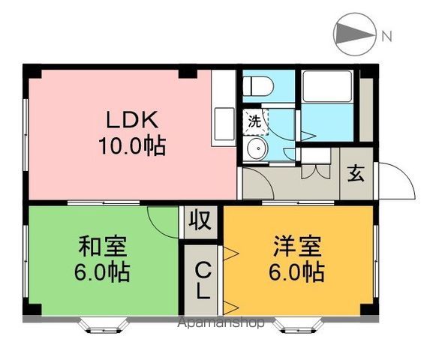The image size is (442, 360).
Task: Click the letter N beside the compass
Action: [386, 35]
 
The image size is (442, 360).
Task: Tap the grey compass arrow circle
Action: [352, 34]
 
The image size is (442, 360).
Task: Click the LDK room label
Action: [132, 120]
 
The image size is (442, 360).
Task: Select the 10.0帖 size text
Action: [132, 144]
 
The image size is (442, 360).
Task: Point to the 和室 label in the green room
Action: [103, 245]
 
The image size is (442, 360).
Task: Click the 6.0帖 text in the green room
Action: [103, 270]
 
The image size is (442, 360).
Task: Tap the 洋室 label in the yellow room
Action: [297, 245]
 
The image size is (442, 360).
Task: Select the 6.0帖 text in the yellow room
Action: [297, 270]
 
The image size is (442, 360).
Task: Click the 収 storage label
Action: [200, 222]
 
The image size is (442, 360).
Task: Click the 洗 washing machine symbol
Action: [254, 120]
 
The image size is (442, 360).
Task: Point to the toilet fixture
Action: [257, 86]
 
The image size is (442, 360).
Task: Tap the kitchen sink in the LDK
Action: [223, 120]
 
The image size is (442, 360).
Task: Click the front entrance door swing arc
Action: [398, 182]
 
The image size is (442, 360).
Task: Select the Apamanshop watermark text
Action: [221, 323]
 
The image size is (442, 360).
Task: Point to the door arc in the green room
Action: [161, 220]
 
